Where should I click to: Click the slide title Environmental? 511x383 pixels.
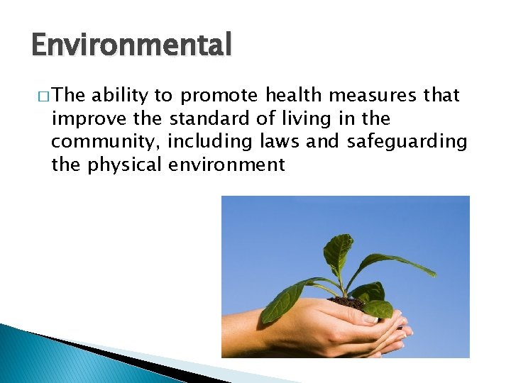click(131, 45)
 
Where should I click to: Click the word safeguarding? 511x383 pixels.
click(407, 143)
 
